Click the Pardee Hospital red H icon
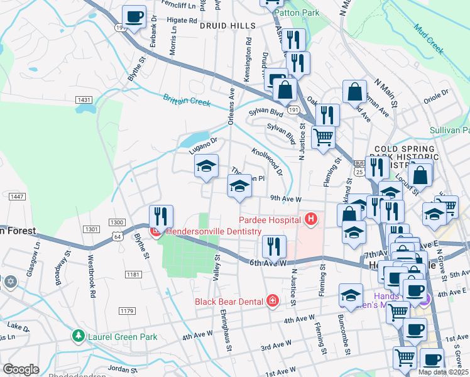point(310,219)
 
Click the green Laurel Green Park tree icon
point(78,336)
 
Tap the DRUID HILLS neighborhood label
point(227,26)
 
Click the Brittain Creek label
point(187,100)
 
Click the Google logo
point(21,369)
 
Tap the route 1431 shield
point(84,100)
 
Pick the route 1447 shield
point(17,197)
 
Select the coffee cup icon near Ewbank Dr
point(133,17)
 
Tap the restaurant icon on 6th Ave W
point(273,246)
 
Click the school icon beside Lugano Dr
point(205,167)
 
